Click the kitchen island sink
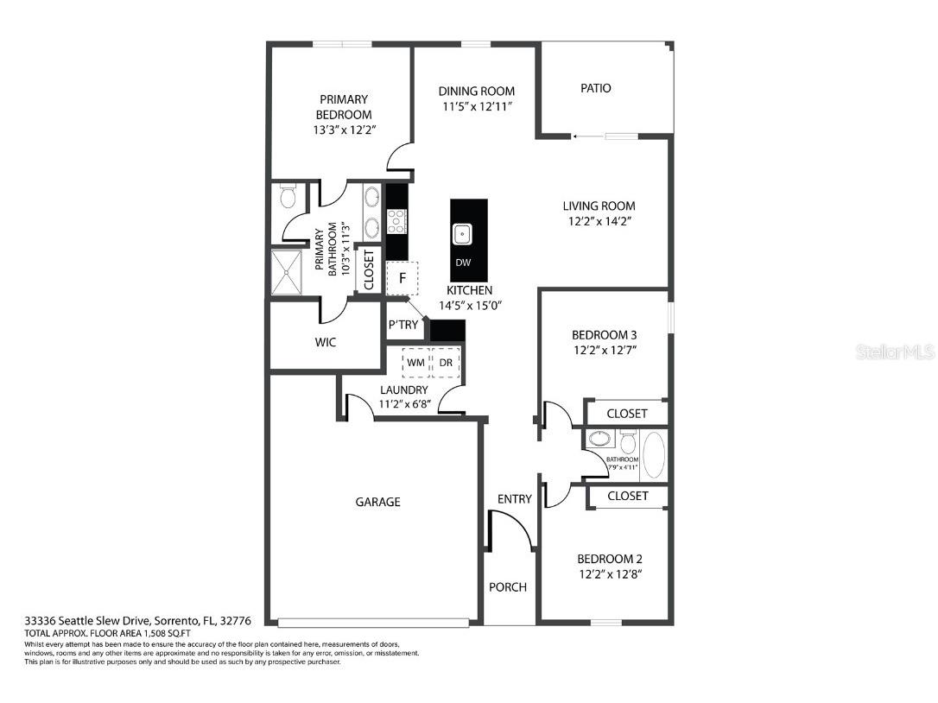pos(463,232)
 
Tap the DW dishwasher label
pos(463,263)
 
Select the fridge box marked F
pos(402,278)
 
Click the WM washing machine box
pos(415,363)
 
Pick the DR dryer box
pos(446,363)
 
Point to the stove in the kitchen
pos(396,222)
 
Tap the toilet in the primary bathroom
pos(287,199)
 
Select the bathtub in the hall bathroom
pos(652,455)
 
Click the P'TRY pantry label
pos(402,325)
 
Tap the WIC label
pos(326,342)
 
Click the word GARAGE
pos(378,502)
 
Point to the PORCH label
pos(508,587)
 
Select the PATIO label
pos(595,88)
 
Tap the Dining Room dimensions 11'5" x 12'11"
pos(477,106)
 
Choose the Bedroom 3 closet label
pos(627,414)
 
